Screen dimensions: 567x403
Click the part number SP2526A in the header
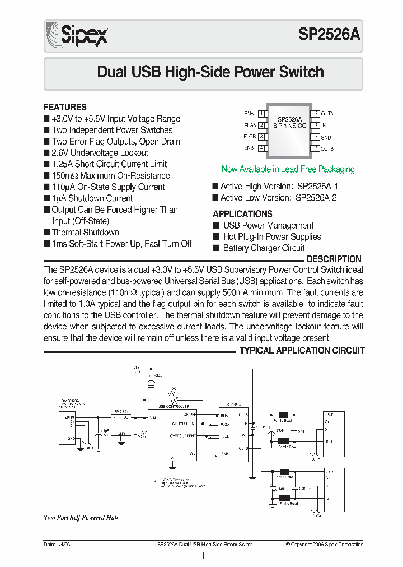click(x=330, y=35)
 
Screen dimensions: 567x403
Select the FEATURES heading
click(x=65, y=107)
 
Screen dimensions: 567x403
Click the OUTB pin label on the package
click(x=327, y=148)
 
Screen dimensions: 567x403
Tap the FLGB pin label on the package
click(x=249, y=137)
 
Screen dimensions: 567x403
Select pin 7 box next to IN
click(x=316, y=126)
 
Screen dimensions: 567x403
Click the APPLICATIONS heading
click(x=242, y=214)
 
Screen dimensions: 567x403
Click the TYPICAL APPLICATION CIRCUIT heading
click(x=302, y=351)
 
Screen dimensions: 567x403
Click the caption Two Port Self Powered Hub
click(x=81, y=518)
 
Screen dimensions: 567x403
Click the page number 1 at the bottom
click(x=203, y=556)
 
